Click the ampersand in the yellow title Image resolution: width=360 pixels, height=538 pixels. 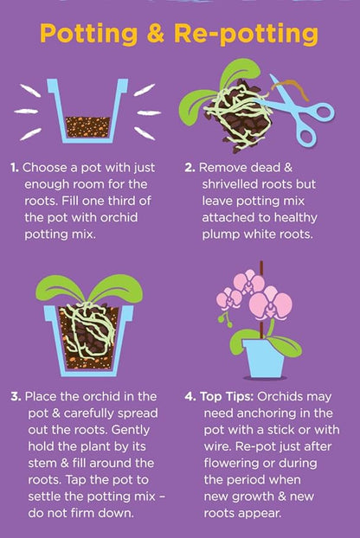click(157, 34)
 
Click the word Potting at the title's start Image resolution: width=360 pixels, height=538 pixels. click(89, 35)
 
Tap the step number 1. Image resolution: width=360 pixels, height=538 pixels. click(15, 168)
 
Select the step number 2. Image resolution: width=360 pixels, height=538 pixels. click(190, 168)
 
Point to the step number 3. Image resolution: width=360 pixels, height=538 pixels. click(16, 397)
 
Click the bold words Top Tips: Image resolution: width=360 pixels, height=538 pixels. click(227, 397)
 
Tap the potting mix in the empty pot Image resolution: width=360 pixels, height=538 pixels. click(88, 127)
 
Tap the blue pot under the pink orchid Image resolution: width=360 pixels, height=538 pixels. click(264, 358)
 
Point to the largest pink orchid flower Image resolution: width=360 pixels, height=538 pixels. click(270, 304)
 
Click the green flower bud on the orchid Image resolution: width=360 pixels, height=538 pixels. click(223, 318)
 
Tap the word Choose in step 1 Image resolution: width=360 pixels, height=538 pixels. click(45, 168)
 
